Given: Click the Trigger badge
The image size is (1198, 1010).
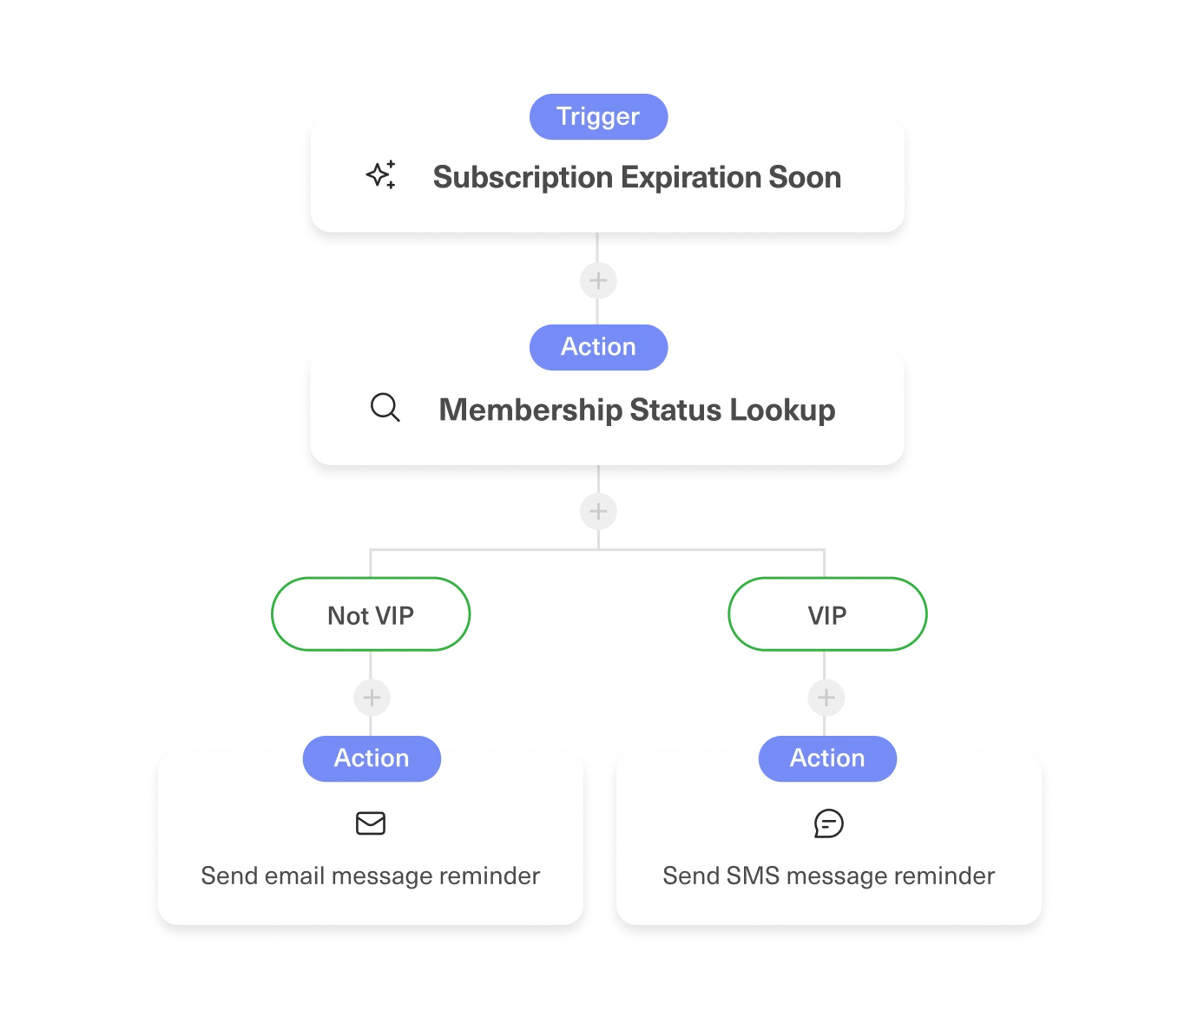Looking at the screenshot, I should click(598, 116).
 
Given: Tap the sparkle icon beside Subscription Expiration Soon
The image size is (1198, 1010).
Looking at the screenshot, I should click(381, 175).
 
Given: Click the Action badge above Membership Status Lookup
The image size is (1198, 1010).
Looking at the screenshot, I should click(598, 346).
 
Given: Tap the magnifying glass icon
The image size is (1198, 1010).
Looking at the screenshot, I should click(385, 407).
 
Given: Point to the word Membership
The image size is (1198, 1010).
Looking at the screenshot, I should click(530, 410).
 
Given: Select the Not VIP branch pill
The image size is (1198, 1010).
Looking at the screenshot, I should click(371, 615).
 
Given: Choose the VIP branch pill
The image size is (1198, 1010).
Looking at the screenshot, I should click(826, 615).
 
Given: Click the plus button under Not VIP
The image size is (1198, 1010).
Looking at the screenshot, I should click(372, 698).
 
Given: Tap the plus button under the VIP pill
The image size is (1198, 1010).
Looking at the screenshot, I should click(826, 698).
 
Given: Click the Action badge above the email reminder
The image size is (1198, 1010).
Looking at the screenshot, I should click(372, 757).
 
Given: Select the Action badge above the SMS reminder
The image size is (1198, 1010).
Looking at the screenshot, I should click(827, 757).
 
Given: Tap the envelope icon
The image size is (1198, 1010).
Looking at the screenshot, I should click(371, 823).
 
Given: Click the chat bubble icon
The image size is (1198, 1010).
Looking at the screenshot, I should click(828, 823).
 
